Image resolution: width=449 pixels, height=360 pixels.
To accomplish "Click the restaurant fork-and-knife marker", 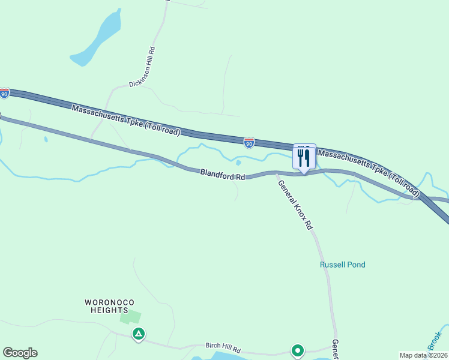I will (x=304, y=157).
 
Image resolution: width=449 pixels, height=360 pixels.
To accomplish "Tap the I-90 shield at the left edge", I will (x=5, y=94).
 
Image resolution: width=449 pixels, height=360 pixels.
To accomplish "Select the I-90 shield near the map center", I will (x=249, y=142).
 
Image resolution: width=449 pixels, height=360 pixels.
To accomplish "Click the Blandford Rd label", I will (x=223, y=176).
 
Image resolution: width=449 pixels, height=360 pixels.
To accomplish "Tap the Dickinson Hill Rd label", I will (x=145, y=68).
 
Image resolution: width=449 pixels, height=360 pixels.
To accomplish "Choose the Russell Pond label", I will (x=342, y=265).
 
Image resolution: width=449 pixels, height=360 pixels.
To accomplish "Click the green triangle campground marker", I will (x=139, y=334).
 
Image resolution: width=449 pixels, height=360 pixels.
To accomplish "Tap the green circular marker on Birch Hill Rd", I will (x=297, y=350).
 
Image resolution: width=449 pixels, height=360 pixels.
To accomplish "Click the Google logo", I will (x=20, y=353).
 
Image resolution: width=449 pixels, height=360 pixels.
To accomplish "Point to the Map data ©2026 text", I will (x=423, y=355).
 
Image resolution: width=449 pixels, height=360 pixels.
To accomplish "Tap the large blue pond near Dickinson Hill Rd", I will (x=99, y=39).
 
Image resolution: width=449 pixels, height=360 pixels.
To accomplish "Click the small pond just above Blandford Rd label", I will (x=239, y=162).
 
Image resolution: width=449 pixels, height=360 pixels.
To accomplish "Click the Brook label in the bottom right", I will (x=435, y=340).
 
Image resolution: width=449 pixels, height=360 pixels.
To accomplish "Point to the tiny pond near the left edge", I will (x=46, y=140).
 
